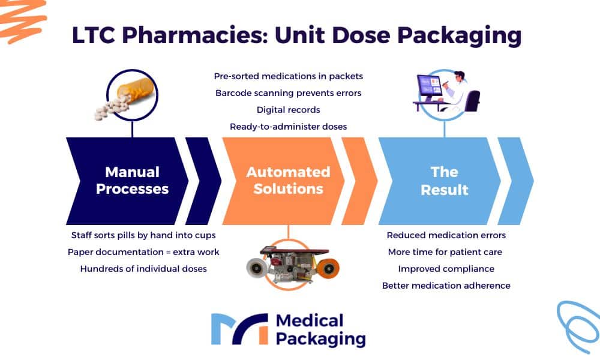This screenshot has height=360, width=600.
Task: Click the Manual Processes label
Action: pos(132,181)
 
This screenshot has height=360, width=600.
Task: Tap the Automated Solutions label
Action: pos(288,181)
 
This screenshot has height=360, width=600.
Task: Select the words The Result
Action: pos(444,181)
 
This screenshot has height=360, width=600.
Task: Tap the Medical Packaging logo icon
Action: pos(239,329)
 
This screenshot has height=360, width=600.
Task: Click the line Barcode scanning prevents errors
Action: pos(288,93)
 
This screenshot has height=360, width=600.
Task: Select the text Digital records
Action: pos(288,110)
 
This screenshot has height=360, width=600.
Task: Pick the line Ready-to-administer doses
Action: pos(288,127)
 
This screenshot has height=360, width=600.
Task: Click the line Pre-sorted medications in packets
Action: pos(288,76)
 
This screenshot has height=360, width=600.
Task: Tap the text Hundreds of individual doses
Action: pos(143,269)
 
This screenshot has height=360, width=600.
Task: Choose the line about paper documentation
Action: pos(143,252)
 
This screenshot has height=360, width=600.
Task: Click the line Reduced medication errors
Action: pos(446,235)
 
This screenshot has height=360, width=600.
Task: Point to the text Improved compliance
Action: pos(446,269)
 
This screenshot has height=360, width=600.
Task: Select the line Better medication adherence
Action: pos(446,286)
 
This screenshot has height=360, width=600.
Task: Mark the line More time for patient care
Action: pos(446,252)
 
